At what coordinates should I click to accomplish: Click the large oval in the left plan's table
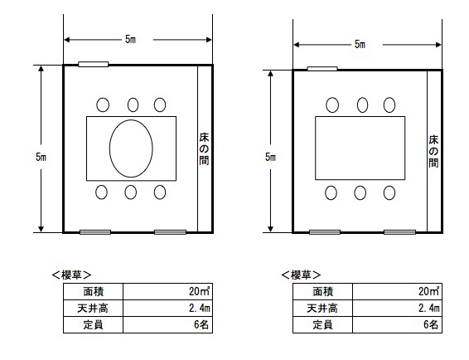(109, 148)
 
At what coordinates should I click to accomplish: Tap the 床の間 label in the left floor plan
(204, 148)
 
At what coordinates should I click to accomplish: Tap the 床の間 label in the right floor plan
(433, 151)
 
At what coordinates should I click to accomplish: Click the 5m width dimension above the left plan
(130, 39)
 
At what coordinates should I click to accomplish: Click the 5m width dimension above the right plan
(360, 44)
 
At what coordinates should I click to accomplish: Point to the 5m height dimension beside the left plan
(41, 157)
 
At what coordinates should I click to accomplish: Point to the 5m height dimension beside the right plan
(270, 157)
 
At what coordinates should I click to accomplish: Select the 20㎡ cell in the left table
(168, 291)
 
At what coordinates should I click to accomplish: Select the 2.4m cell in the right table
(397, 308)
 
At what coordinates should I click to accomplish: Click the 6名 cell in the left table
(168, 324)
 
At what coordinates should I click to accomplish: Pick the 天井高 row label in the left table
(93, 308)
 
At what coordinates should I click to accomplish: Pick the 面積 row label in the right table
(322, 291)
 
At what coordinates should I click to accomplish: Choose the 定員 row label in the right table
(322, 324)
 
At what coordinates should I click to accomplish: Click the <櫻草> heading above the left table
(71, 275)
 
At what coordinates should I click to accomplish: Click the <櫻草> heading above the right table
(301, 275)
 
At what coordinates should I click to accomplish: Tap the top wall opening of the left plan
(94, 64)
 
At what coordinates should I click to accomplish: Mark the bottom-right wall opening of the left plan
(170, 232)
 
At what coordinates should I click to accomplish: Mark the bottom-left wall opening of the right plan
(325, 232)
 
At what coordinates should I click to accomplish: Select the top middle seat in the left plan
(133, 105)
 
